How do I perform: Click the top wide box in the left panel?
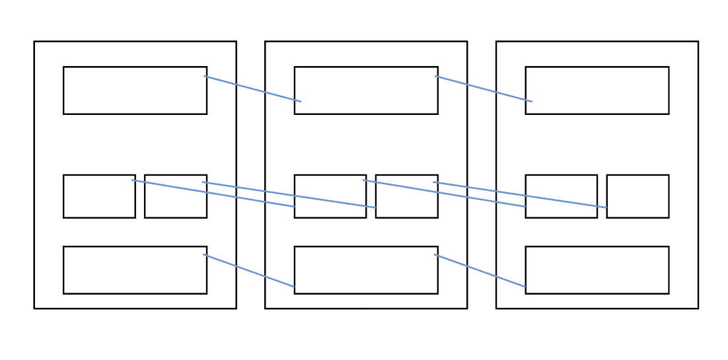(135, 90)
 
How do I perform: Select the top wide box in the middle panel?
(366, 90)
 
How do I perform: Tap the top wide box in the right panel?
(597, 90)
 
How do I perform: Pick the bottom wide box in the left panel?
(135, 270)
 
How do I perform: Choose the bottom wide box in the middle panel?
(366, 270)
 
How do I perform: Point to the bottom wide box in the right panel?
(597, 270)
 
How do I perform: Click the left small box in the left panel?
(99, 196)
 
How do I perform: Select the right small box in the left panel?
(176, 196)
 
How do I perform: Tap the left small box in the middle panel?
(330, 196)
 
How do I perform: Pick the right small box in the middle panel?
(406, 196)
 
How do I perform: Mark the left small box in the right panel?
(561, 196)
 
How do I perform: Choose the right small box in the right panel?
(637, 196)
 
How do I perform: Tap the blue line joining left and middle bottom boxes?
(249, 271)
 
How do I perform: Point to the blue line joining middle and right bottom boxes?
(480, 271)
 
